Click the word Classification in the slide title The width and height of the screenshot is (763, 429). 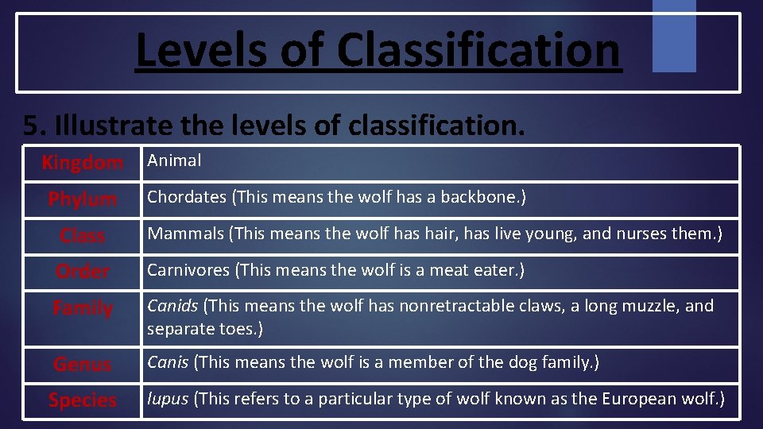coord(478,50)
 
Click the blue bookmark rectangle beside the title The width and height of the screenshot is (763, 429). coord(674,35)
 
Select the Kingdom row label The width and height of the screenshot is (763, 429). coord(83,163)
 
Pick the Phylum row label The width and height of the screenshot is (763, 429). coord(83,199)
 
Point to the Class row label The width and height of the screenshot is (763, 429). coord(83,235)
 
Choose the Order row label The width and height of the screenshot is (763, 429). coord(83,271)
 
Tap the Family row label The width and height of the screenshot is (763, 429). coord(83,307)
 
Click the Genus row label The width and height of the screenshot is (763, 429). coord(83,365)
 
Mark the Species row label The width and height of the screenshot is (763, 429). coord(83,400)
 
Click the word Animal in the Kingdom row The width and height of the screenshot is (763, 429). coord(174,160)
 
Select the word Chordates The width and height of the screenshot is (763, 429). coord(186,197)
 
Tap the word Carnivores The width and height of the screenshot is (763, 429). coord(188,270)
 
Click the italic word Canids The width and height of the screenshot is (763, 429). coord(172,306)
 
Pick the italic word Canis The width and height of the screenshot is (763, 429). coord(167,363)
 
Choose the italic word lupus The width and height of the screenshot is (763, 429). coord(166,400)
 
